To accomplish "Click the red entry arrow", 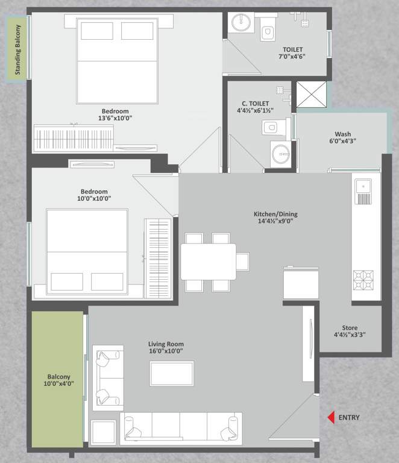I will pyautogui.click(x=330, y=417).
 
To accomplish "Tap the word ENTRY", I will pyautogui.click(x=349, y=417).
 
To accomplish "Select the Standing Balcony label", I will pyautogui.click(x=17, y=48).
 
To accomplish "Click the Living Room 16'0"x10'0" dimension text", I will pyautogui.click(x=166, y=351).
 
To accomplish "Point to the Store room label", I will pyautogui.click(x=350, y=330).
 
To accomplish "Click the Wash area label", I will pyautogui.click(x=343, y=138).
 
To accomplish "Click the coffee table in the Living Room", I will pyautogui.click(x=172, y=373).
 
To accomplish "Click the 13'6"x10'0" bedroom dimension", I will pyautogui.click(x=115, y=118).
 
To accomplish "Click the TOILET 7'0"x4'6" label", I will pyautogui.click(x=293, y=54).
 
